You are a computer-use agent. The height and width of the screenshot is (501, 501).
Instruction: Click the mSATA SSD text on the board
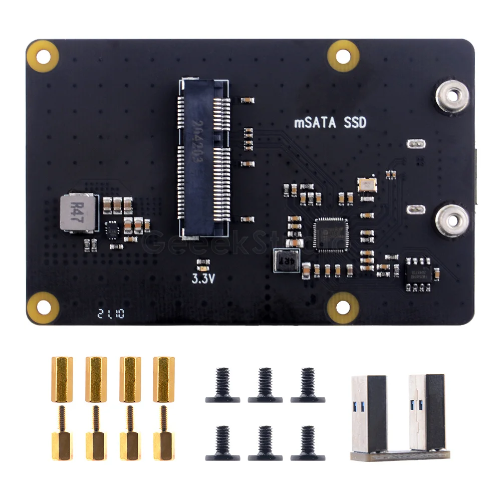point(330,122)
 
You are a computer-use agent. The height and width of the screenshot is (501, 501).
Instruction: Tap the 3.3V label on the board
point(203,279)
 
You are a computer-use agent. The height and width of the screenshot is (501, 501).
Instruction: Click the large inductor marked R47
point(77,213)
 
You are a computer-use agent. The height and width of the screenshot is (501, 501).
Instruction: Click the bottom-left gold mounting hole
point(43,307)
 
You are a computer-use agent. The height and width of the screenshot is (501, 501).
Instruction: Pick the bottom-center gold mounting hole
point(343,307)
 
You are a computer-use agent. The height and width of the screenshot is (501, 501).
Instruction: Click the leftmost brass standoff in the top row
point(62,379)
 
